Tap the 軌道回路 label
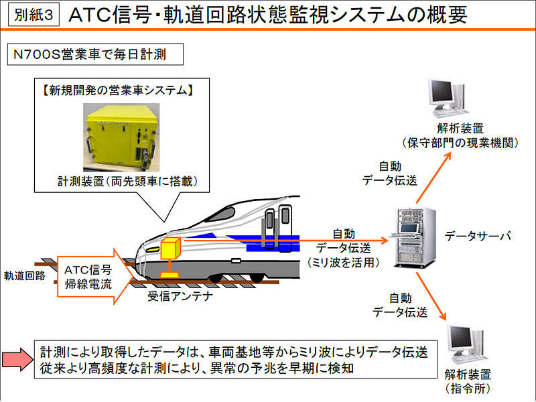click(x=25, y=275)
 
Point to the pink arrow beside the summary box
click(x=19, y=360)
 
